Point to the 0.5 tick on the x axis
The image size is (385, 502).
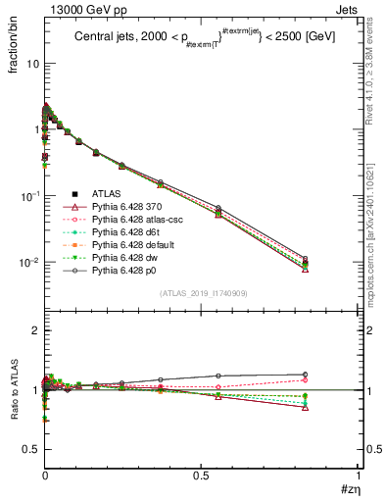point(201,477)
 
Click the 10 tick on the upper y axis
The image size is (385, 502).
point(31,63)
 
